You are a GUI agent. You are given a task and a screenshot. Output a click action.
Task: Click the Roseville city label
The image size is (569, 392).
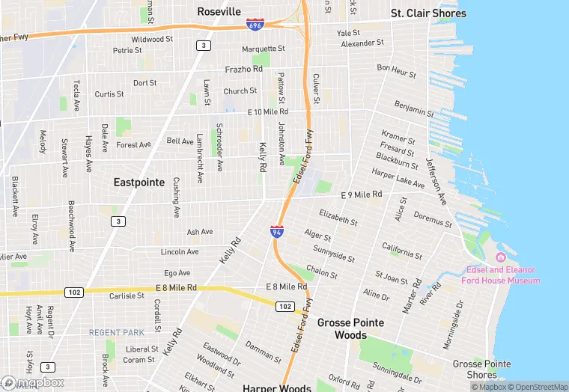point(219,12)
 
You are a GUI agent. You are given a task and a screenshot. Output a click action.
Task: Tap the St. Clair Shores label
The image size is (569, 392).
point(428,13)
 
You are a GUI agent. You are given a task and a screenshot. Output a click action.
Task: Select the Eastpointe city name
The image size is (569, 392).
point(139,182)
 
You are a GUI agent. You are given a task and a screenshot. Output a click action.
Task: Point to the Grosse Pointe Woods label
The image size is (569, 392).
point(350,329)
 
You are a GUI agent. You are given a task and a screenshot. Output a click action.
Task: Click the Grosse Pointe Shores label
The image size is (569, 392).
point(481,369)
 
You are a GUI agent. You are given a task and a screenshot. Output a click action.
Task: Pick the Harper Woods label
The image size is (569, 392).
point(276,388)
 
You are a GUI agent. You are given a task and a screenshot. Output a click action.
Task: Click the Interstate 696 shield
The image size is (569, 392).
point(255,25)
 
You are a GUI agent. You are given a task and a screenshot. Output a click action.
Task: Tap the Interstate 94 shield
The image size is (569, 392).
point(277,231)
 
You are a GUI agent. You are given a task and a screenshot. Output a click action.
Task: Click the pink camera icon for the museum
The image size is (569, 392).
point(501,258)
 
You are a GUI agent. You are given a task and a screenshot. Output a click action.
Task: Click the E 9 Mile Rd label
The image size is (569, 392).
point(361,195)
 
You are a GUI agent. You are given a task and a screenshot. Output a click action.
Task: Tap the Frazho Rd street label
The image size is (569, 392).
point(243,69)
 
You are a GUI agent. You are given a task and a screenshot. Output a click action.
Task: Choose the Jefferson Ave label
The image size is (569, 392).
point(436,182)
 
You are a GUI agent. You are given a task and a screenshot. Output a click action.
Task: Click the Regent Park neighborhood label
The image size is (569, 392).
point(116,332)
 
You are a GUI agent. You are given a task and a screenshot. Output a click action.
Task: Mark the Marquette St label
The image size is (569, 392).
point(264,49)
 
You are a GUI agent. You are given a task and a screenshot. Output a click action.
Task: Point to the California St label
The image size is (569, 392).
point(402,251)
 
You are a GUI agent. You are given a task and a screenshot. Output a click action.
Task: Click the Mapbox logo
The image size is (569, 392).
point(33,382)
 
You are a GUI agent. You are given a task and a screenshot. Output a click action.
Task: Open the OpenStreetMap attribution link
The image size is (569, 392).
point(537,387)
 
